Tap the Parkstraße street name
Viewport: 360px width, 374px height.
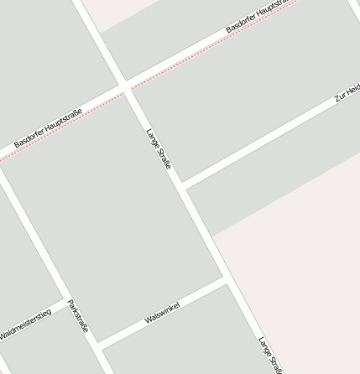point(78,317)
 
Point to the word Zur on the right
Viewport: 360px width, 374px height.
point(340,97)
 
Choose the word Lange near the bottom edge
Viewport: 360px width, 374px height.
point(265,346)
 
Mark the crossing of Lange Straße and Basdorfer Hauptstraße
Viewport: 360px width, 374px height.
point(125,86)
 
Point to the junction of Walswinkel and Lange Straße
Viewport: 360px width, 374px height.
point(226,279)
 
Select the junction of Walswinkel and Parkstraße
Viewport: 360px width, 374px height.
point(98,345)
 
